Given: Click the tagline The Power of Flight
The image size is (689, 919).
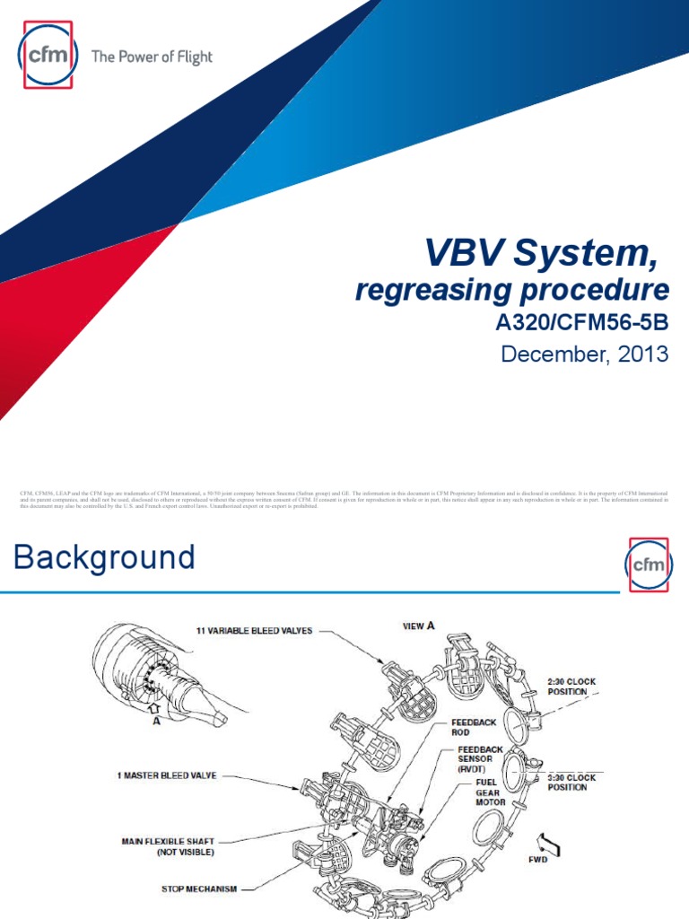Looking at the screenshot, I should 152,57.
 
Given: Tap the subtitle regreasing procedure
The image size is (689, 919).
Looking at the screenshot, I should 512,291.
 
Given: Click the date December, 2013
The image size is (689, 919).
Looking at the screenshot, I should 584,354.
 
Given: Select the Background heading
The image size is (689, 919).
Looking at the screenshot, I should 105,558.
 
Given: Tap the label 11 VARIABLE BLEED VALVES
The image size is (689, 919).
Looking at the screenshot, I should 254,631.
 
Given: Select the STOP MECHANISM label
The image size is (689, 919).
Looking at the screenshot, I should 198,888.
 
